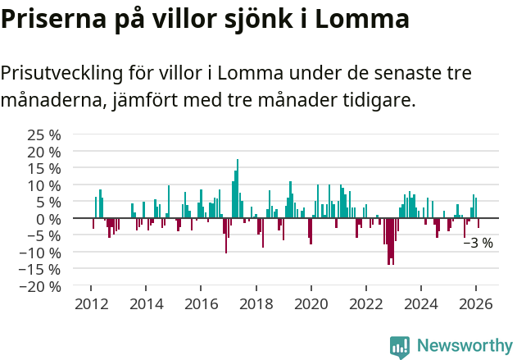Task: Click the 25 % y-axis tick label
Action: pos(44,134)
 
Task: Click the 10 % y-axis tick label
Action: pos(44,185)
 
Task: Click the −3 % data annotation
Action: pos(478,243)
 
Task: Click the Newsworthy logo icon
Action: pos(399,346)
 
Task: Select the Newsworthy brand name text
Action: pos(464,346)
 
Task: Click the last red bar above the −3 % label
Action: pos(478,223)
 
